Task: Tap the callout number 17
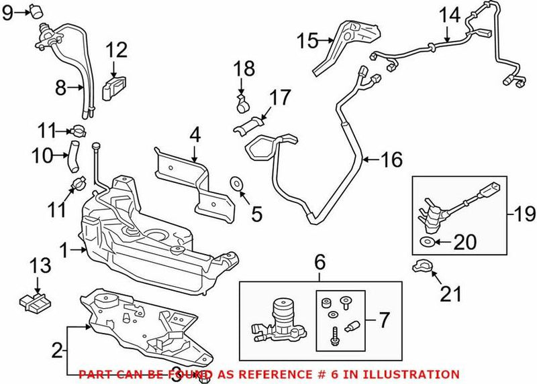click(280, 97)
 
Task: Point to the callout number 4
click(194, 134)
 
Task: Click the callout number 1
click(64, 251)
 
